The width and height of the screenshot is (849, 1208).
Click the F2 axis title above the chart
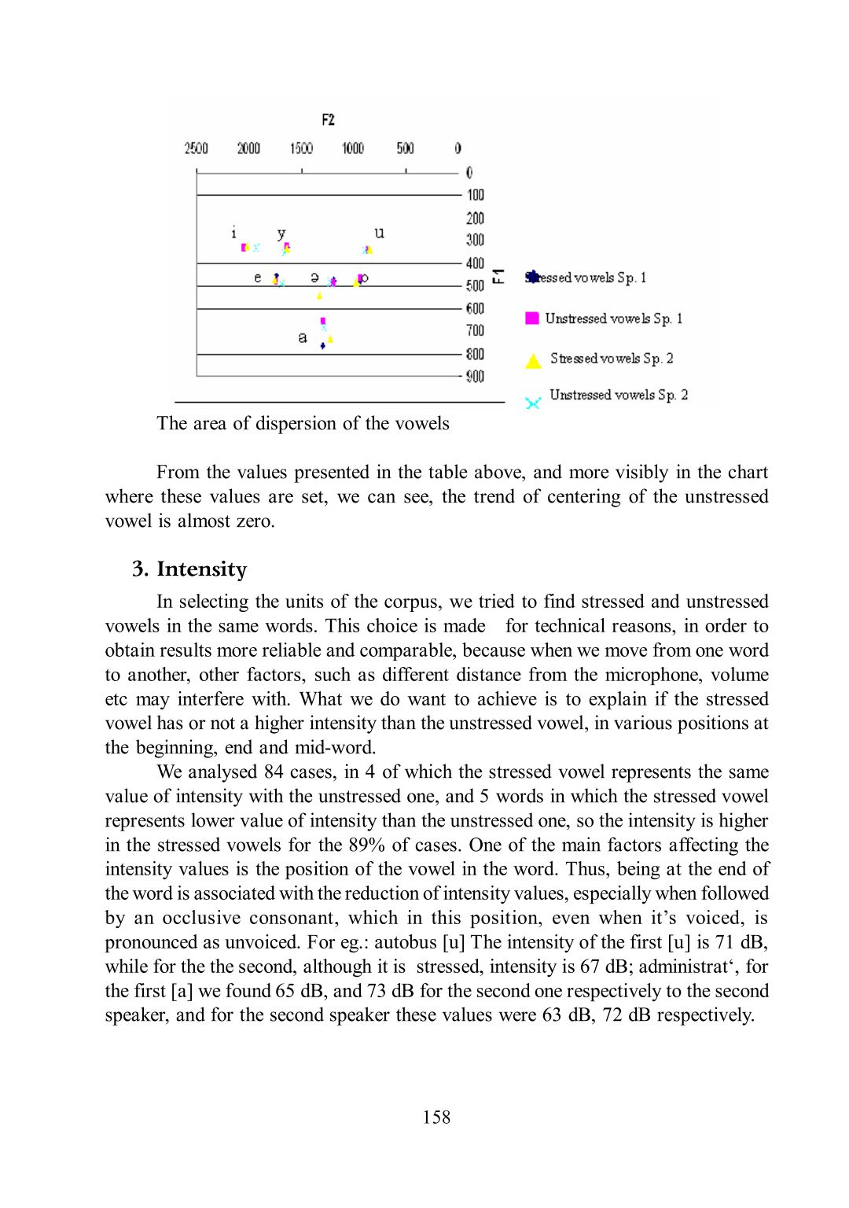point(329,120)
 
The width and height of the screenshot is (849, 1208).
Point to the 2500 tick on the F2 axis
point(196,148)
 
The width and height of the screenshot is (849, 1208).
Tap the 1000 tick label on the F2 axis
point(353,148)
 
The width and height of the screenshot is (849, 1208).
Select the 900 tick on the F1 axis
point(475,377)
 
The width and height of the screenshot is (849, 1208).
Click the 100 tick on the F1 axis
point(476,195)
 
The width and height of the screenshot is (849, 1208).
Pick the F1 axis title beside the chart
point(498,276)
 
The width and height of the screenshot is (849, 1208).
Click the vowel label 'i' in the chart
point(233,233)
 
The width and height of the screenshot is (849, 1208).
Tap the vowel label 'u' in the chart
point(380,233)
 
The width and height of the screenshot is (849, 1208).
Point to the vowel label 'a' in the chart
point(303,337)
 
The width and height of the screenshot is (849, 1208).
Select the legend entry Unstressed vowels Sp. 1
point(613,319)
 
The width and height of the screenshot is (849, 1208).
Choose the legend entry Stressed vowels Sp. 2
point(612,359)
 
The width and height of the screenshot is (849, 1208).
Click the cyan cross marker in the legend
point(533,403)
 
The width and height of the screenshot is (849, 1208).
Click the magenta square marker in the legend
point(532,318)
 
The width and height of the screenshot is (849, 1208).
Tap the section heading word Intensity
point(201,569)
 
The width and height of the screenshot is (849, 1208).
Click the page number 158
point(436,1117)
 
